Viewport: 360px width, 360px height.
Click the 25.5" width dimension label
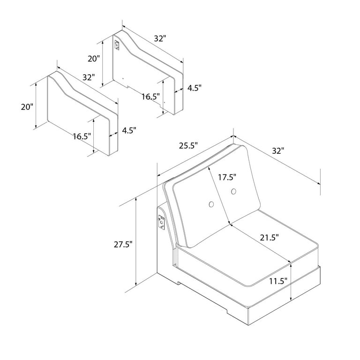click(188, 146)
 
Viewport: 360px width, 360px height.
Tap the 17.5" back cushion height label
click(227, 177)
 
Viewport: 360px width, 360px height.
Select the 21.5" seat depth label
click(269, 238)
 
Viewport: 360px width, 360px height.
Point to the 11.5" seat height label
click(278, 282)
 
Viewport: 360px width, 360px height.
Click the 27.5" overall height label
click(123, 244)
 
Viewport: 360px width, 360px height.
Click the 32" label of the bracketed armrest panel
click(160, 39)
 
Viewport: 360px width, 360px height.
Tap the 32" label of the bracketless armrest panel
click(88, 77)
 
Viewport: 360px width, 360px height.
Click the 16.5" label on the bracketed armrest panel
click(150, 97)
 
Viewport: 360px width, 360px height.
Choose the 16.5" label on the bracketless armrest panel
click(82, 136)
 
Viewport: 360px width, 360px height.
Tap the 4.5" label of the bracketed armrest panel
click(194, 88)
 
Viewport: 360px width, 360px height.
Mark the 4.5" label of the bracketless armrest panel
click(128, 131)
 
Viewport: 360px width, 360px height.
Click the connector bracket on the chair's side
click(161, 222)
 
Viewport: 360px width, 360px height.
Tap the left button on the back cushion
click(211, 204)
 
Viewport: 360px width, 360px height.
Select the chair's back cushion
click(216, 197)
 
